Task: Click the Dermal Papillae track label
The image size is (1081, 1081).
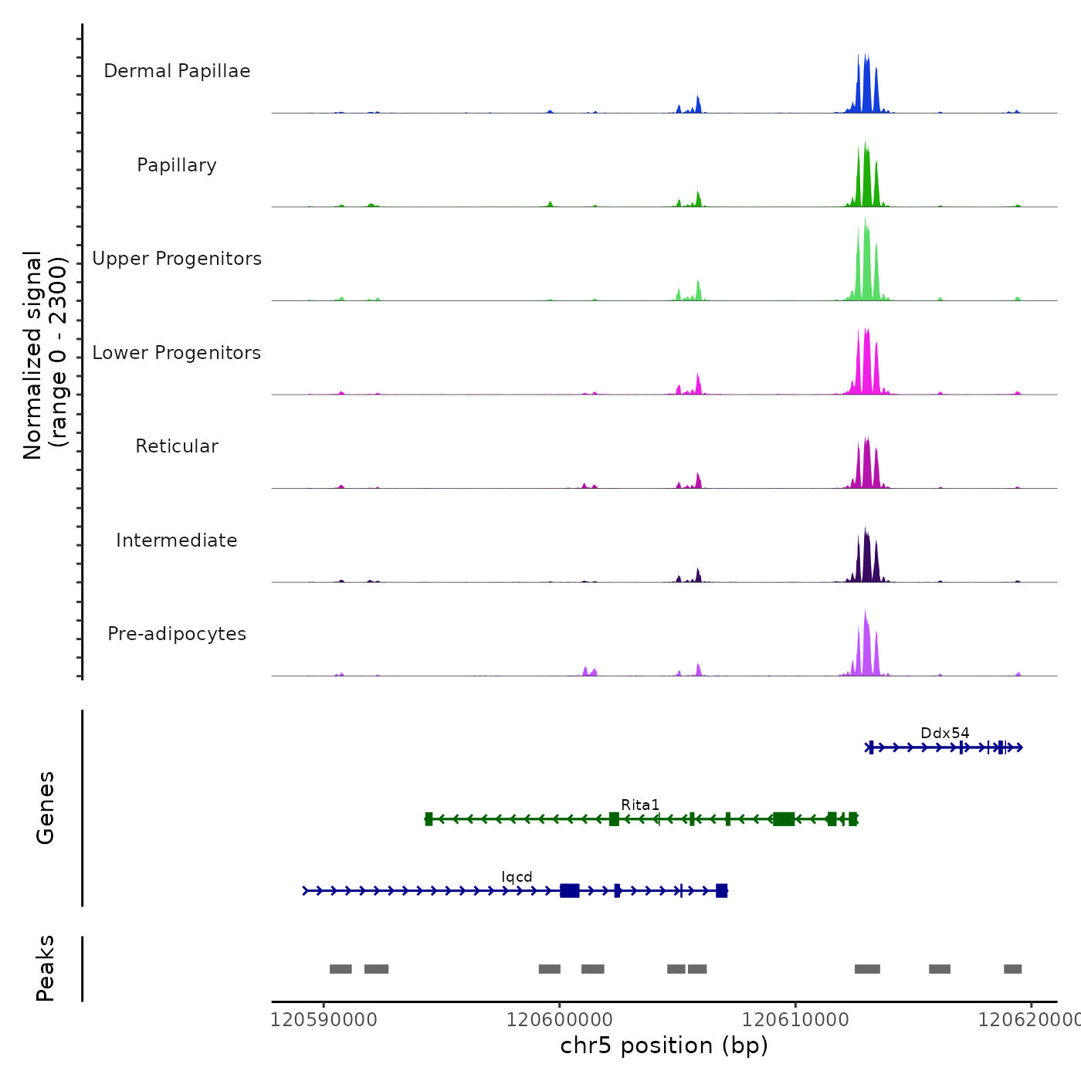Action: click(x=177, y=71)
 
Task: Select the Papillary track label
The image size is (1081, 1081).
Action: click(x=177, y=165)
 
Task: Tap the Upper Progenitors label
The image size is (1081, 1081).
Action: click(x=177, y=259)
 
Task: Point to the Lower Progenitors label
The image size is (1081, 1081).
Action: click(x=177, y=353)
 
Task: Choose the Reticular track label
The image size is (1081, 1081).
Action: click(x=177, y=446)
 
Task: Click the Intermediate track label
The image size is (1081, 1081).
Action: click(x=177, y=540)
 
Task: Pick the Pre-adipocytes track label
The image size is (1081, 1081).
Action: click(x=177, y=634)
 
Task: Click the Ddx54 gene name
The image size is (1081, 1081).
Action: click(x=944, y=733)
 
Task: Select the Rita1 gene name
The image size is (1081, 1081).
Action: click(x=640, y=805)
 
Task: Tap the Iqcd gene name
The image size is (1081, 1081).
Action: click(x=517, y=876)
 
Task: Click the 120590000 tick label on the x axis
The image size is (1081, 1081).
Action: click(x=324, y=1019)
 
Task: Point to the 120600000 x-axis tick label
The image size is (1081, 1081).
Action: click(x=560, y=1019)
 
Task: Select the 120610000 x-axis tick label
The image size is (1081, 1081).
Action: click(x=795, y=1019)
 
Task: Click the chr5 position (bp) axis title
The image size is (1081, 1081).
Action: click(x=664, y=1045)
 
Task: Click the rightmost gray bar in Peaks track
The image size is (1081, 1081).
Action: click(x=1012, y=969)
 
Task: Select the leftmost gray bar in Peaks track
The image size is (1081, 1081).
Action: click(x=341, y=969)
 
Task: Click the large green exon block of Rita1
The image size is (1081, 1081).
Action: click(x=784, y=818)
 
